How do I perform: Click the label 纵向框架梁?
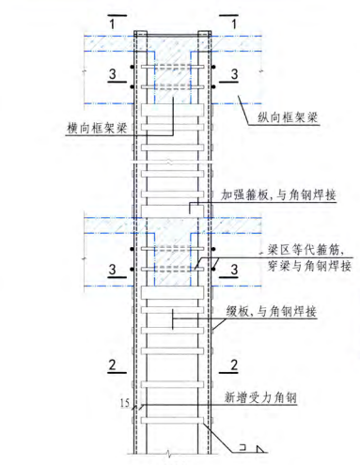coord(287,116)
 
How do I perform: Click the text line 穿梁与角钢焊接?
coord(301,266)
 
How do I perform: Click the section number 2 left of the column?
coord(112,364)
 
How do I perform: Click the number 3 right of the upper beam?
coord(232,71)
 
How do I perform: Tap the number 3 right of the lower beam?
coord(232,270)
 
